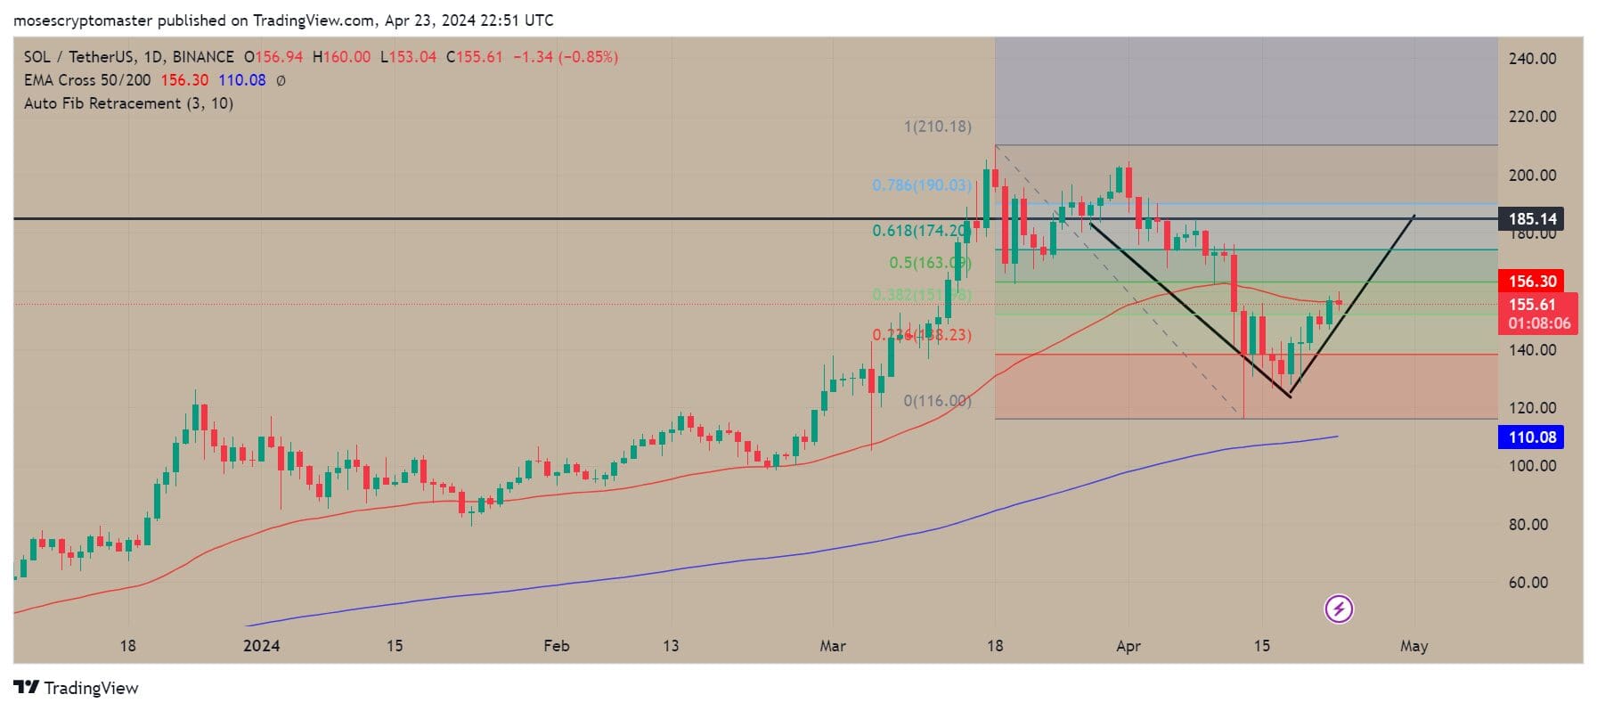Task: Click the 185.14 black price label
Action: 1532,218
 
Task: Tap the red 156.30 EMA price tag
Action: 1532,282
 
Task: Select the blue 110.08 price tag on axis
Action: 1532,437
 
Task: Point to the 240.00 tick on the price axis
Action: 1532,59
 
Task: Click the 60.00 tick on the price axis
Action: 1528,583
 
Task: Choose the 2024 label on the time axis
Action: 261,646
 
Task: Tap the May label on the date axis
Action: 1414,646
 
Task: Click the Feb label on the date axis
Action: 556,646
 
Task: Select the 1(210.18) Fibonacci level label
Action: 938,127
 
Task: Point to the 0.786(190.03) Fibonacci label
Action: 922,185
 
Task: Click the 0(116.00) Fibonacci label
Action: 938,401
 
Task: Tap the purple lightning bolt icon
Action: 1339,609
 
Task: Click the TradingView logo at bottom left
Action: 77,688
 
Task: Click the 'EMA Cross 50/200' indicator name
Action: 87,80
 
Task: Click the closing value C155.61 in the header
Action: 475,57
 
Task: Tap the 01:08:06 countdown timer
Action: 1539,323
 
